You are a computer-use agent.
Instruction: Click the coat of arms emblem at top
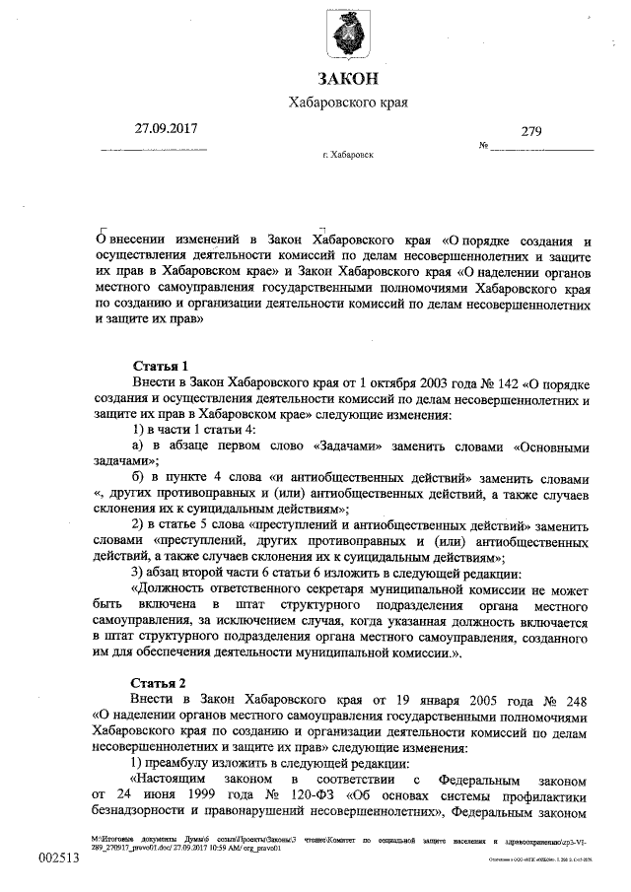[x=346, y=37]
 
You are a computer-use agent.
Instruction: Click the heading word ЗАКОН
[x=347, y=78]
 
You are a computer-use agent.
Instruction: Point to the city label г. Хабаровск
[x=347, y=155]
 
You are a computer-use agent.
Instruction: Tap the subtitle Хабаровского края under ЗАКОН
[x=347, y=103]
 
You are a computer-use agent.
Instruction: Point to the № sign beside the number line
[x=484, y=147]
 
